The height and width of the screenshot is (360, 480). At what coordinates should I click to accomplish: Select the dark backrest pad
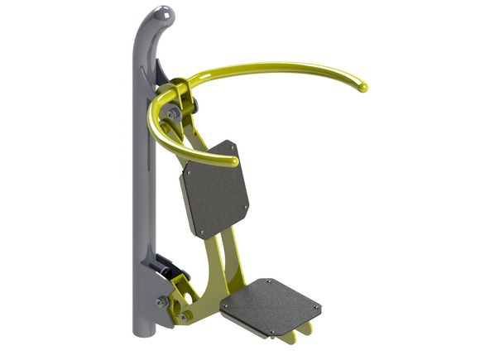(x=214, y=191)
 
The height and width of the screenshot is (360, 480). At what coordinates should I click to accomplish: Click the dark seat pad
(x=272, y=305)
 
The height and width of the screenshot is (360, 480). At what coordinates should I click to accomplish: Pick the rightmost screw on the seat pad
(x=315, y=309)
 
